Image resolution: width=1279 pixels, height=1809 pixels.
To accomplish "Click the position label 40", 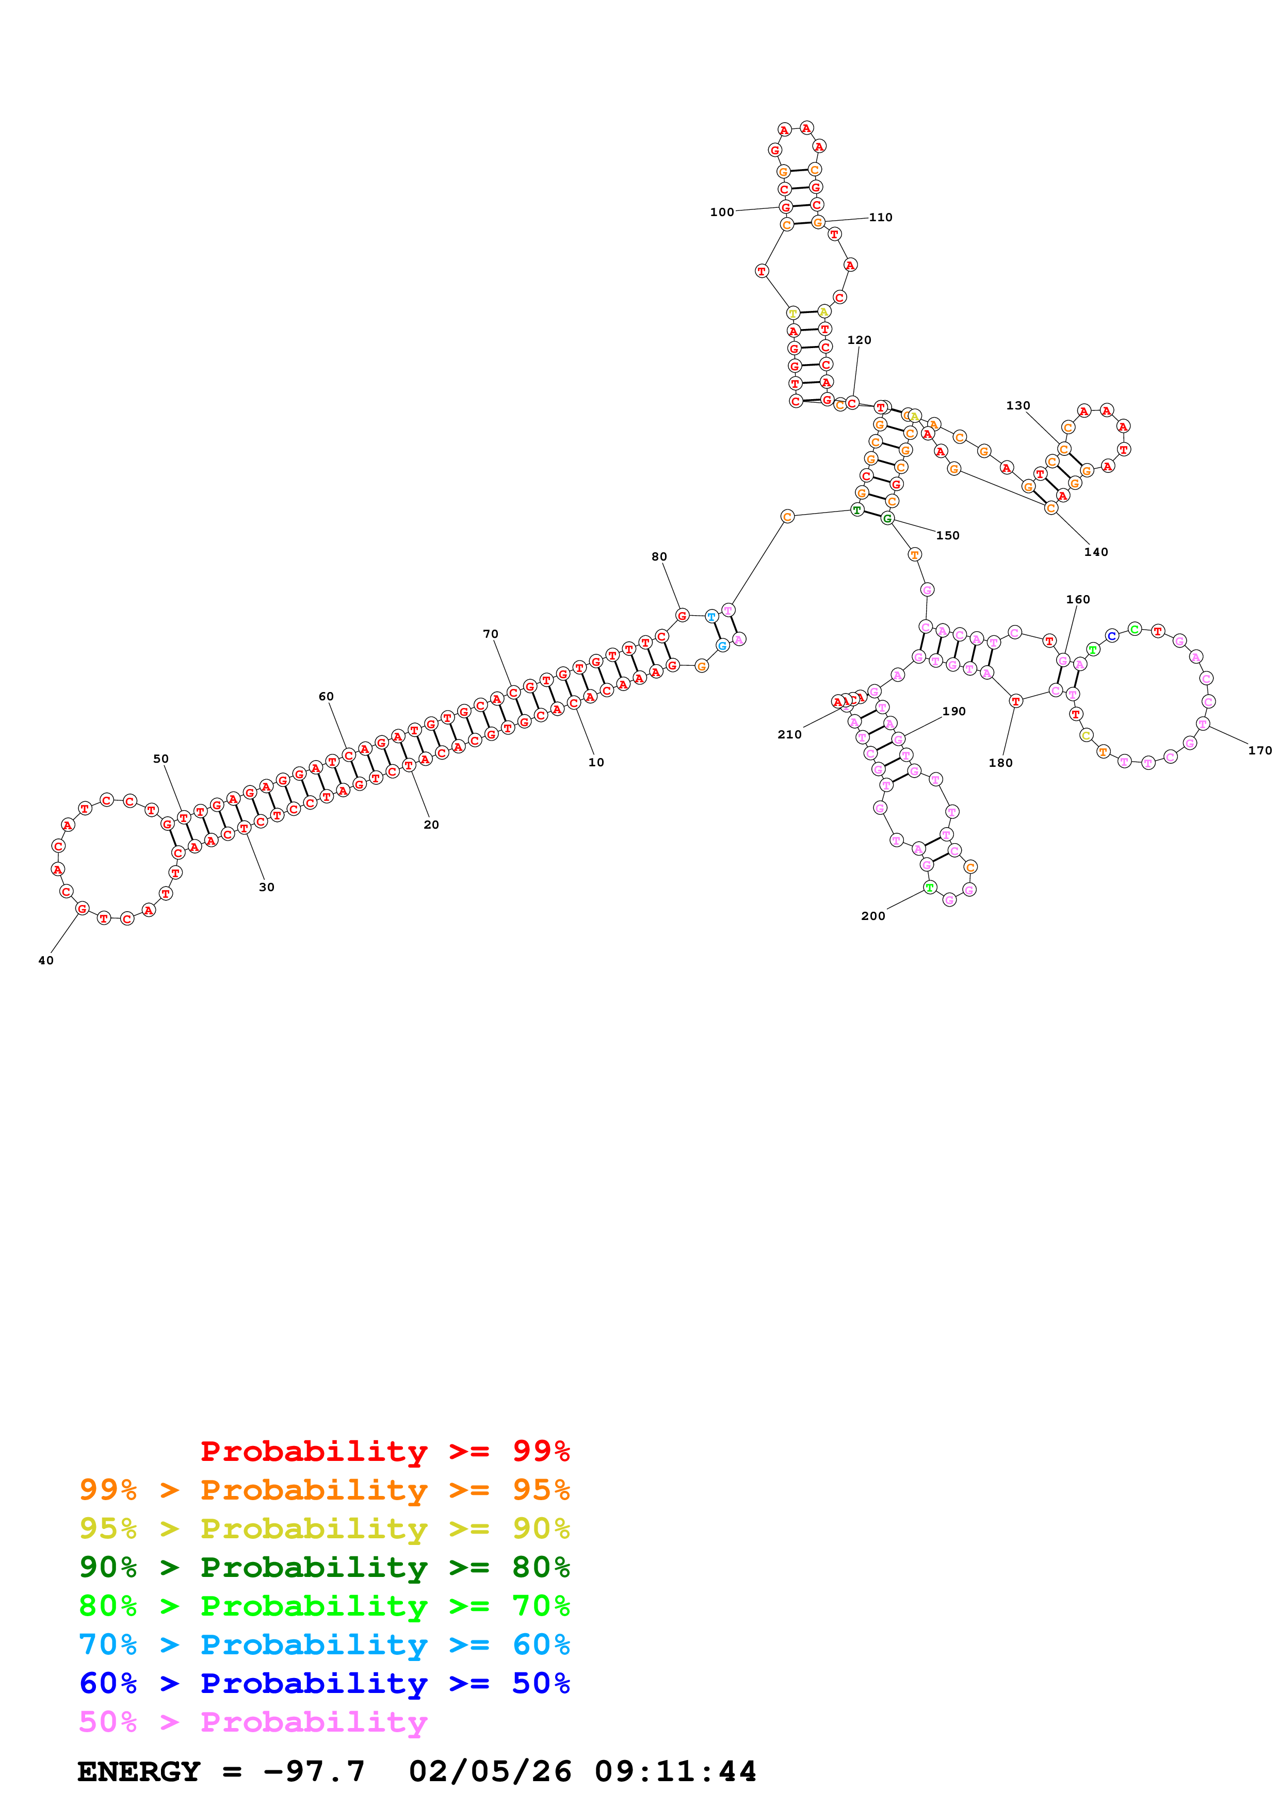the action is [x=46, y=960].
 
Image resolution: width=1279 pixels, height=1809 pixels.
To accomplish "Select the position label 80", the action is [x=659, y=556].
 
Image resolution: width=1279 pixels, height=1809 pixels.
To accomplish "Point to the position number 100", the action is [x=721, y=212].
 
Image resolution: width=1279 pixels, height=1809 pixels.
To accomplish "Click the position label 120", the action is [x=859, y=340].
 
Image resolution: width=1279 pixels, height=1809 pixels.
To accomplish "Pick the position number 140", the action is [x=1095, y=552].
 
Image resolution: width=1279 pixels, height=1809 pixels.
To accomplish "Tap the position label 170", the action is [x=1259, y=750].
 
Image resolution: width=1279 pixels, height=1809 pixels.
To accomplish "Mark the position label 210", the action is [x=789, y=734].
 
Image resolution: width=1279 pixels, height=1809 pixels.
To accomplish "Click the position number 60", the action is [x=326, y=697].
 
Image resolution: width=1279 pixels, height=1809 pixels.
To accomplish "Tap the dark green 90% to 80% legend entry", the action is [x=324, y=1567].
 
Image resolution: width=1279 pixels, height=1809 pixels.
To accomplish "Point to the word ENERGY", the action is [x=139, y=1771].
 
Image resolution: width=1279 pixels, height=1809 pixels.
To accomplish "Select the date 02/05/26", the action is [x=490, y=1771].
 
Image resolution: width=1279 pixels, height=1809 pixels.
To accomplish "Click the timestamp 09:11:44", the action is [x=675, y=1771].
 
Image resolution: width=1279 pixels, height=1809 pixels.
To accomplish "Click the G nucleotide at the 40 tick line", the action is [x=82, y=909].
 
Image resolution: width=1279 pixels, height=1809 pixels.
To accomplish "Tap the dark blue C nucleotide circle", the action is [x=1111, y=636].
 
